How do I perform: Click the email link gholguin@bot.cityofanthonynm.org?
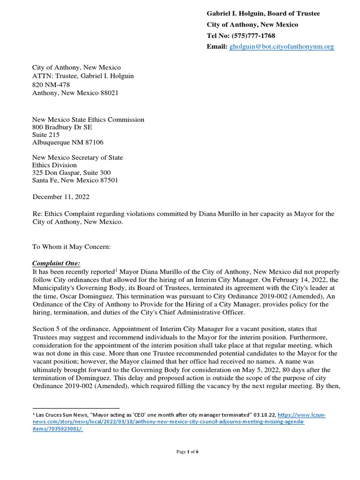pyautogui.click(x=281, y=47)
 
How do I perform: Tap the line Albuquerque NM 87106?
pyautogui.click(x=67, y=142)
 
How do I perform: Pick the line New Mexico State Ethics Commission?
pyautogui.click(x=88, y=120)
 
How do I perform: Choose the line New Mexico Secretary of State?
pyautogui.click(x=77, y=157)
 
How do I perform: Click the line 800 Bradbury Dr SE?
pyautogui.click(x=62, y=127)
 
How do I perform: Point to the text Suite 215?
pyautogui.click(x=46, y=135)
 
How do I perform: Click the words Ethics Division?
pyautogui.click(x=54, y=165)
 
